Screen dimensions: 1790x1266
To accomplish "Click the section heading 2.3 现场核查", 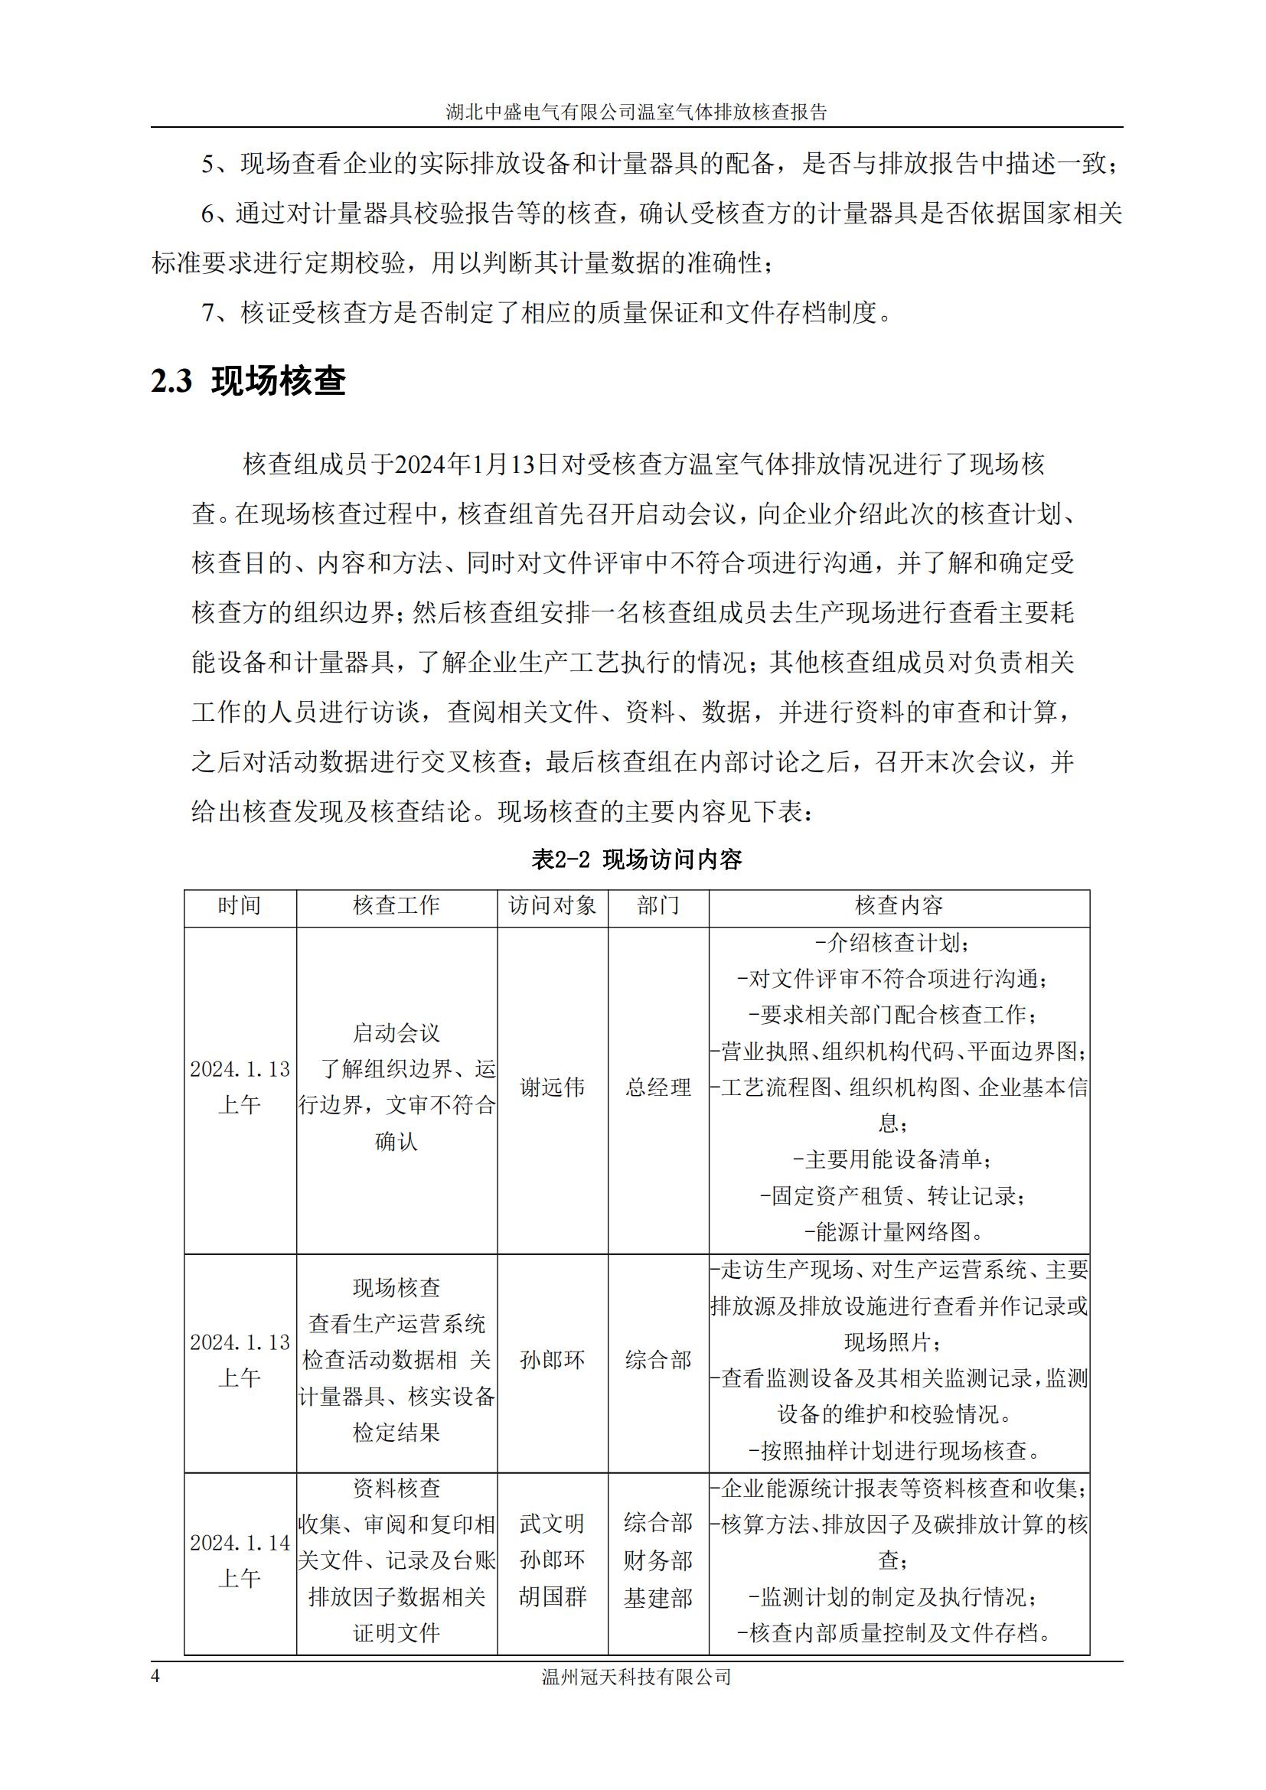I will point(248,381).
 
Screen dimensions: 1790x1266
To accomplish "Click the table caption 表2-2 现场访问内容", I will point(636,859).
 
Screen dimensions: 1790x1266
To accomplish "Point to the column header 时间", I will point(240,905).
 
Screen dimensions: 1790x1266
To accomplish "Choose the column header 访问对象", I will point(552,905).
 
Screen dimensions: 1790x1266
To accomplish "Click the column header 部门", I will point(658,905).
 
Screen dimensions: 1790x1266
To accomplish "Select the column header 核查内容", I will point(899,905).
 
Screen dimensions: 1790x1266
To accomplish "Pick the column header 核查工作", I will point(396,905).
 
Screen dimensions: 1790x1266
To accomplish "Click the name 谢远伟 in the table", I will point(552,1087).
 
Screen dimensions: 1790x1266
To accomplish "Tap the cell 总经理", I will point(658,1087).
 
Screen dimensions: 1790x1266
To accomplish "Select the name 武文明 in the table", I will point(552,1524).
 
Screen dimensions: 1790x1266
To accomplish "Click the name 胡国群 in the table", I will point(552,1596).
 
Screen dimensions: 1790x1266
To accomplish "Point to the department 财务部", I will point(658,1560).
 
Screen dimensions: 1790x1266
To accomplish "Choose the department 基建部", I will point(658,1598).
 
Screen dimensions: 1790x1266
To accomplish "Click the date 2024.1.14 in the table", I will point(240,1543).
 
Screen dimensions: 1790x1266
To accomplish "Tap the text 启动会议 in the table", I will point(396,1033).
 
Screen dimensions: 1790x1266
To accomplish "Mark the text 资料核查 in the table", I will point(396,1488).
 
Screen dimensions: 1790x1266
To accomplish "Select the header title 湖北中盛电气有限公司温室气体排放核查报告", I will point(636,112).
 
